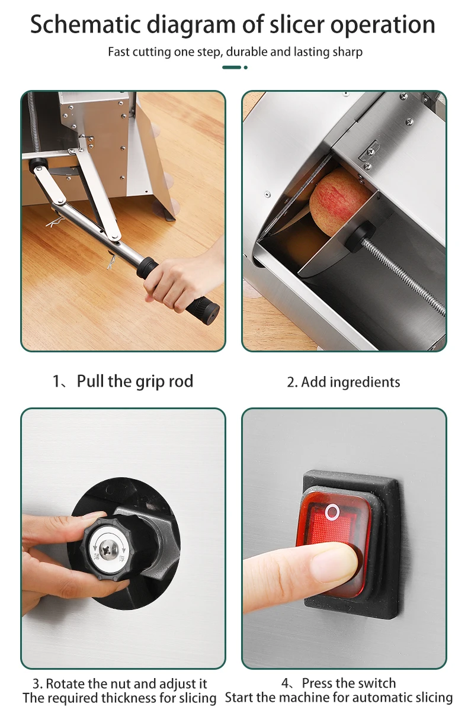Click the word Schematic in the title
[85, 24]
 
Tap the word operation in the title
[383, 25]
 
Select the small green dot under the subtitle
[245, 68]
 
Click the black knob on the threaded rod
[360, 237]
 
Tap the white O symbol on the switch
[332, 512]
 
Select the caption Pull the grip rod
[134, 381]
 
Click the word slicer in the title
[296, 25]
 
